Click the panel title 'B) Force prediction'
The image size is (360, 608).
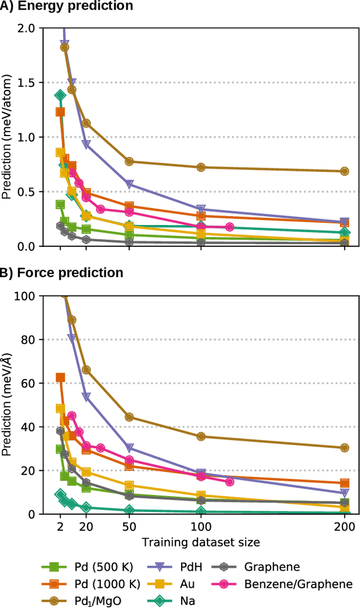tap(61, 273)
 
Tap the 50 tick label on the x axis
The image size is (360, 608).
tap(129, 527)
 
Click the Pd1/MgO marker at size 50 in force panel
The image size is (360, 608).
tap(129, 417)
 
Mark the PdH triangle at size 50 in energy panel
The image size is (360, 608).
tap(129, 184)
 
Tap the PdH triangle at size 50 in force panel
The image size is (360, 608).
tap(129, 448)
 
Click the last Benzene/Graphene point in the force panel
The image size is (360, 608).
tap(229, 482)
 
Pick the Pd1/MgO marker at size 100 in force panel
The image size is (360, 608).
tap(201, 436)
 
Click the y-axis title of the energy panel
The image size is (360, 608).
tap(7, 137)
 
